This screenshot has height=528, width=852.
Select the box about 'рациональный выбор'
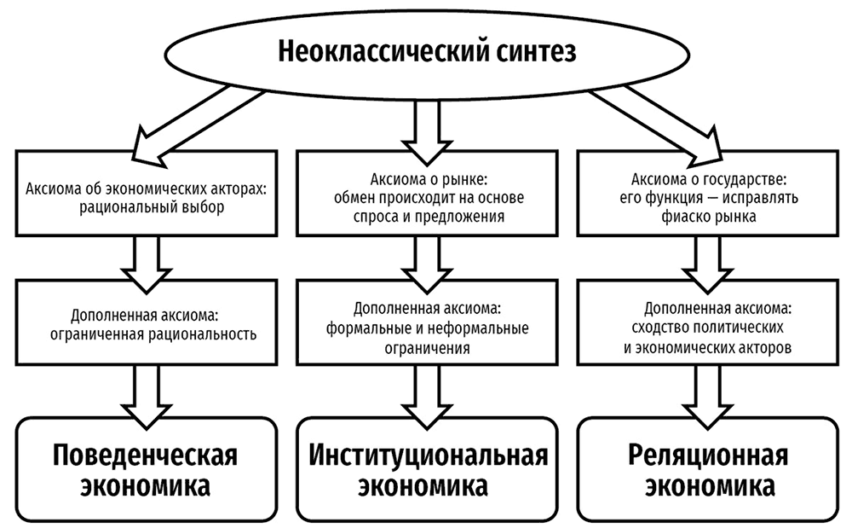click(x=143, y=195)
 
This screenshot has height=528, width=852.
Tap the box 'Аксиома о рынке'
click(x=427, y=195)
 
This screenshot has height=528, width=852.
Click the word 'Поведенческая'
click(x=143, y=452)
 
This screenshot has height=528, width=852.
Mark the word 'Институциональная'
click(x=427, y=452)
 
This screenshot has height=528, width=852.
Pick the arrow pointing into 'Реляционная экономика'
click(x=703, y=392)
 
